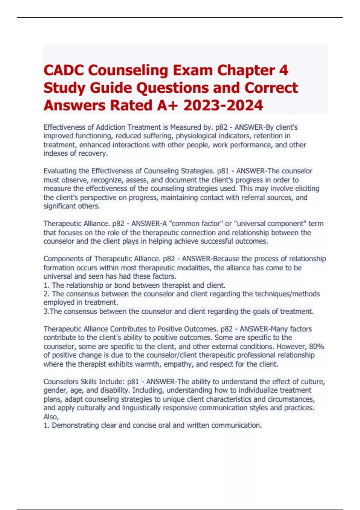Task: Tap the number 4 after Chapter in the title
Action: point(283,70)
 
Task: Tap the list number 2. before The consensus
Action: point(46,294)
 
